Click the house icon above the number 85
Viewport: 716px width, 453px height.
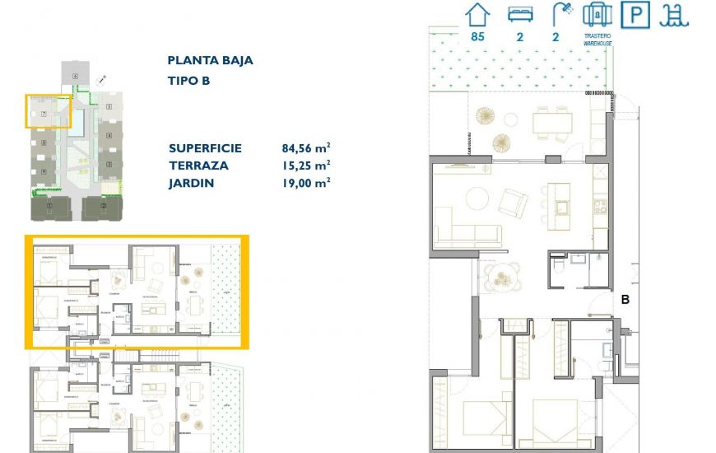tap(477, 15)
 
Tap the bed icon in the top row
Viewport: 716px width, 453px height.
tap(517, 15)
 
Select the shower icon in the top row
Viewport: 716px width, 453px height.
tap(563, 14)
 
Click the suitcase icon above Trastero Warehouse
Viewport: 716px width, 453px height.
tap(597, 15)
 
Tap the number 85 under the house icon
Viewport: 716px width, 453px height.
tap(477, 36)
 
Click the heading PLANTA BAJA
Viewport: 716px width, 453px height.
tap(210, 60)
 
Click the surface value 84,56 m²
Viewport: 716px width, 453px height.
tap(306, 148)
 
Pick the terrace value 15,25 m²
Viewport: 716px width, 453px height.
tap(306, 166)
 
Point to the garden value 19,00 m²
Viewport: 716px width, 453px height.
tap(306, 183)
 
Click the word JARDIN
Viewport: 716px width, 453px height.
tap(191, 183)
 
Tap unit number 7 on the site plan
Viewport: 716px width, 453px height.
tap(43, 113)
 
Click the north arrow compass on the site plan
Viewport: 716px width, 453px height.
tap(101, 81)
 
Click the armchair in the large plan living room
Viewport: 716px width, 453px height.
tap(514, 201)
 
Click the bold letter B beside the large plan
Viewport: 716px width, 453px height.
tap(625, 301)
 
